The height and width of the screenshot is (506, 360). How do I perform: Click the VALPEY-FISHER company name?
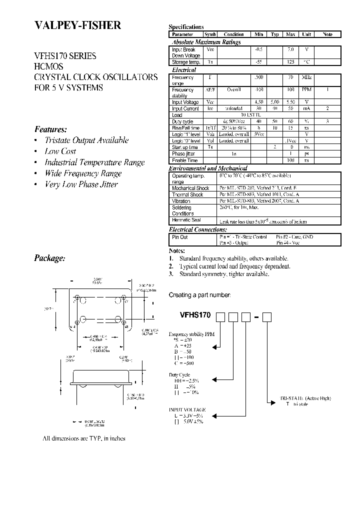pyautogui.click(x=77, y=26)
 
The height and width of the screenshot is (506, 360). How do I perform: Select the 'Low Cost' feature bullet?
pyautogui.click(x=59, y=151)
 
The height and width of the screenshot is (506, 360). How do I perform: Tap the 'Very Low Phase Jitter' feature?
pyautogui.click(x=81, y=184)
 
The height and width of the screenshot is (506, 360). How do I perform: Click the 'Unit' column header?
pyautogui.click(x=306, y=34)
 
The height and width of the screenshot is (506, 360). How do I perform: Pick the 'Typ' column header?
pyautogui.click(x=275, y=34)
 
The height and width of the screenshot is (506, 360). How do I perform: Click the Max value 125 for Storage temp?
pyautogui.click(x=290, y=62)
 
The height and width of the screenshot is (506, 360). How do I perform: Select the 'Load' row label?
pyautogui.click(x=177, y=115)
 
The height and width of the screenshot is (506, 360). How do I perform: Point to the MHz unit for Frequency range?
pyautogui.click(x=306, y=78)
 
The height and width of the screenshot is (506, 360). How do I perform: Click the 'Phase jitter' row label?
pyautogui.click(x=183, y=153)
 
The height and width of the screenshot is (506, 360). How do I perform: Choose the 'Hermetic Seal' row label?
pyautogui.click(x=186, y=220)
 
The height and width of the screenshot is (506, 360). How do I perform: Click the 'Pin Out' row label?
pyautogui.click(x=180, y=237)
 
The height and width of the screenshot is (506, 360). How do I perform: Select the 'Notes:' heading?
pyautogui.click(x=177, y=250)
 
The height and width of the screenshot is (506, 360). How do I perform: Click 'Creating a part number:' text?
pyautogui.click(x=200, y=295)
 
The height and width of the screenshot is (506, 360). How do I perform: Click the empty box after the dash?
pyautogui.click(x=267, y=316)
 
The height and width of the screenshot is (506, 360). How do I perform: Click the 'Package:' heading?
pyautogui.click(x=49, y=258)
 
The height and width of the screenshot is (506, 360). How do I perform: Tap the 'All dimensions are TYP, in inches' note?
pyautogui.click(x=83, y=438)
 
